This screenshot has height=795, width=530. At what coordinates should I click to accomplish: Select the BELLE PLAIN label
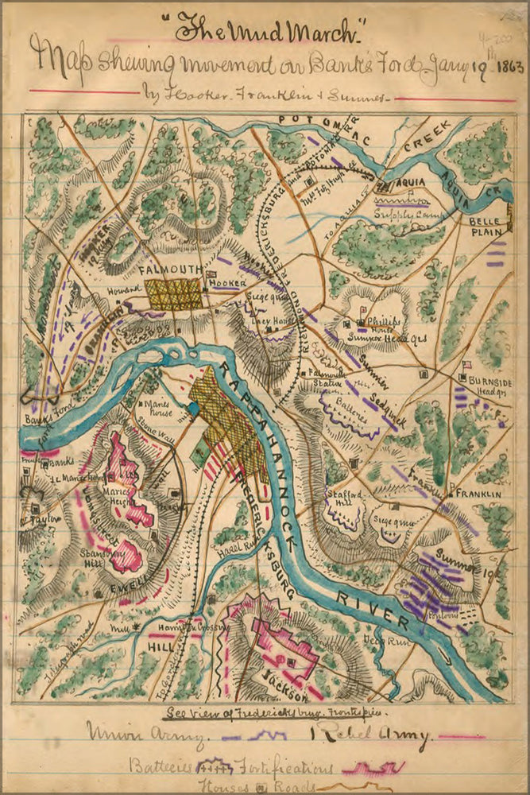pos(486,226)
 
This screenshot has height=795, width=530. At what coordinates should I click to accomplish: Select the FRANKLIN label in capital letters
pos(478,494)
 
